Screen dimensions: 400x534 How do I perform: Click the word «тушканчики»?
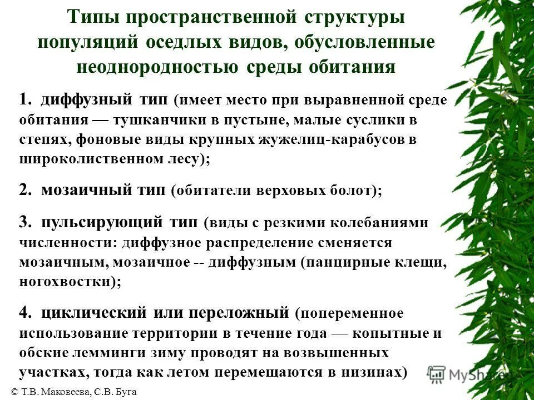click(x=152, y=120)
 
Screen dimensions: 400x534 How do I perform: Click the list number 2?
click(x=24, y=190)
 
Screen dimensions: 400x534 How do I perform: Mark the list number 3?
click(x=24, y=222)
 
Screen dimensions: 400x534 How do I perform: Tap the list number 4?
click(x=24, y=313)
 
